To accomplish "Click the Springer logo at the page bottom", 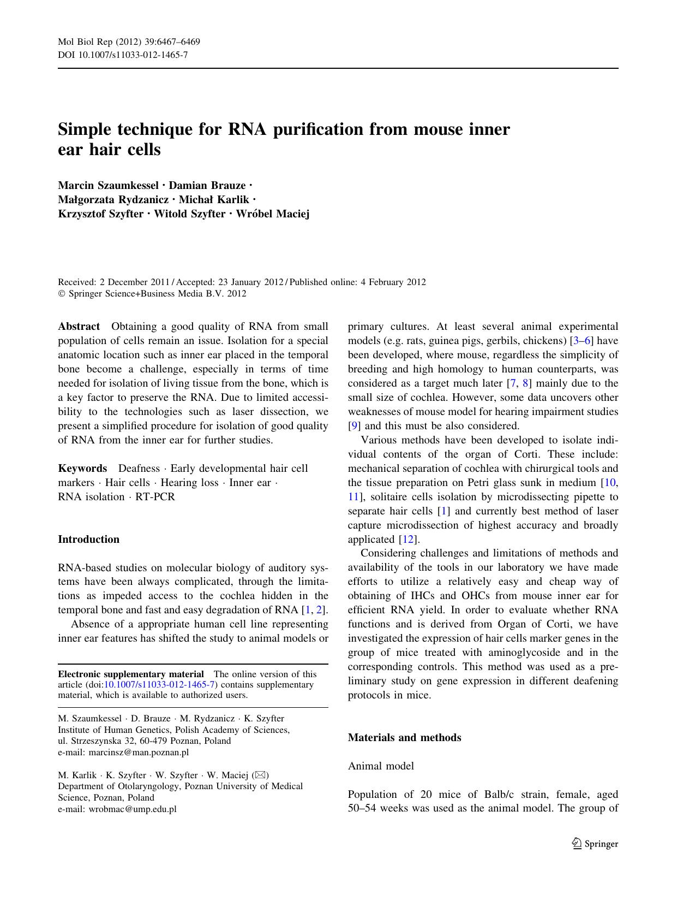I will coord(595,844).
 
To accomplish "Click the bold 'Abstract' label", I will coord(79,327).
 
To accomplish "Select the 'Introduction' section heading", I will coord(88,539).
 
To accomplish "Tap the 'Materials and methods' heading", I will coord(404,737).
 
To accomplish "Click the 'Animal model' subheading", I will coord(381,766).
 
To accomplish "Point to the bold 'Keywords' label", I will coord(82,469).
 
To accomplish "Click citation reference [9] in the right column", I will coord(354,426).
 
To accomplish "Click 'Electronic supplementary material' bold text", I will coord(131,674).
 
